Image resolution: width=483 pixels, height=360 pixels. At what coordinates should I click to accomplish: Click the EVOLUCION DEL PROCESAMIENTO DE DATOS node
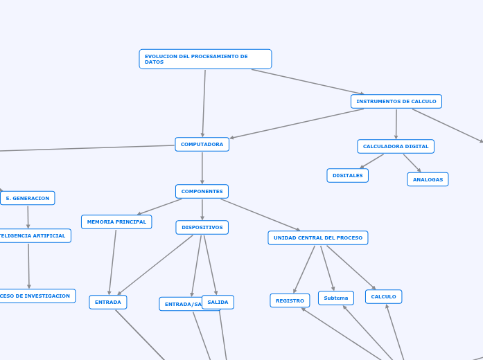click(x=205, y=59)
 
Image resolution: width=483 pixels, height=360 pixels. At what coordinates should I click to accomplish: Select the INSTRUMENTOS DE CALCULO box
click(x=396, y=102)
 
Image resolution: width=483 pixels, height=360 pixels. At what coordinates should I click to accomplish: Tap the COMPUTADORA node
click(x=202, y=144)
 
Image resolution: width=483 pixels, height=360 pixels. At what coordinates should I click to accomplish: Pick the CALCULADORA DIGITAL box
click(x=395, y=146)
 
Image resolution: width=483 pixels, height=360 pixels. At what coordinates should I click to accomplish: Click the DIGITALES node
click(x=347, y=176)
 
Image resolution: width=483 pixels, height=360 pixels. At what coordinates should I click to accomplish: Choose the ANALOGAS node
click(x=428, y=179)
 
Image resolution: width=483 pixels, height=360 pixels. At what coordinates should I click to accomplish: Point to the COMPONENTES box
click(x=202, y=191)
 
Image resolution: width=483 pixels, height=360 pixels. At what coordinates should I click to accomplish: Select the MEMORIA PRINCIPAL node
click(x=116, y=222)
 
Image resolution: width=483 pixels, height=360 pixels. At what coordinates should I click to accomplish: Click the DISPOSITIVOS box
click(x=202, y=227)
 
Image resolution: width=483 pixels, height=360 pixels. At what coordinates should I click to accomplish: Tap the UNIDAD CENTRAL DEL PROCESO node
click(x=317, y=237)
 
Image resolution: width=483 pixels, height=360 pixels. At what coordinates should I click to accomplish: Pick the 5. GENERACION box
click(x=28, y=198)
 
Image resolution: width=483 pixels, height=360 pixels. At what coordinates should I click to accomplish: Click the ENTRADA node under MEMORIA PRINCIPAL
click(x=108, y=302)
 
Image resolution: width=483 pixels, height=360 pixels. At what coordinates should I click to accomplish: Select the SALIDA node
click(x=218, y=302)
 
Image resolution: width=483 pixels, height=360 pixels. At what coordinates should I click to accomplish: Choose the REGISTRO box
click(x=290, y=300)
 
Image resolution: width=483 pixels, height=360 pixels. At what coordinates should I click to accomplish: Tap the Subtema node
click(x=336, y=298)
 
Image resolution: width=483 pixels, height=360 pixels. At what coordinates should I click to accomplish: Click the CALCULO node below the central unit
click(x=383, y=296)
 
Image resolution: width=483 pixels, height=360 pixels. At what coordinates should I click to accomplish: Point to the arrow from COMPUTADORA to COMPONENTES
click(x=202, y=168)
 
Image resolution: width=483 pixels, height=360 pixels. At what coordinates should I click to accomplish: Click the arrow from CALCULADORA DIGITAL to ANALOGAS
click(x=412, y=163)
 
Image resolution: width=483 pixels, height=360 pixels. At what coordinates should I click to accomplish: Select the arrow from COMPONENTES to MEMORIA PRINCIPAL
click(x=160, y=207)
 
